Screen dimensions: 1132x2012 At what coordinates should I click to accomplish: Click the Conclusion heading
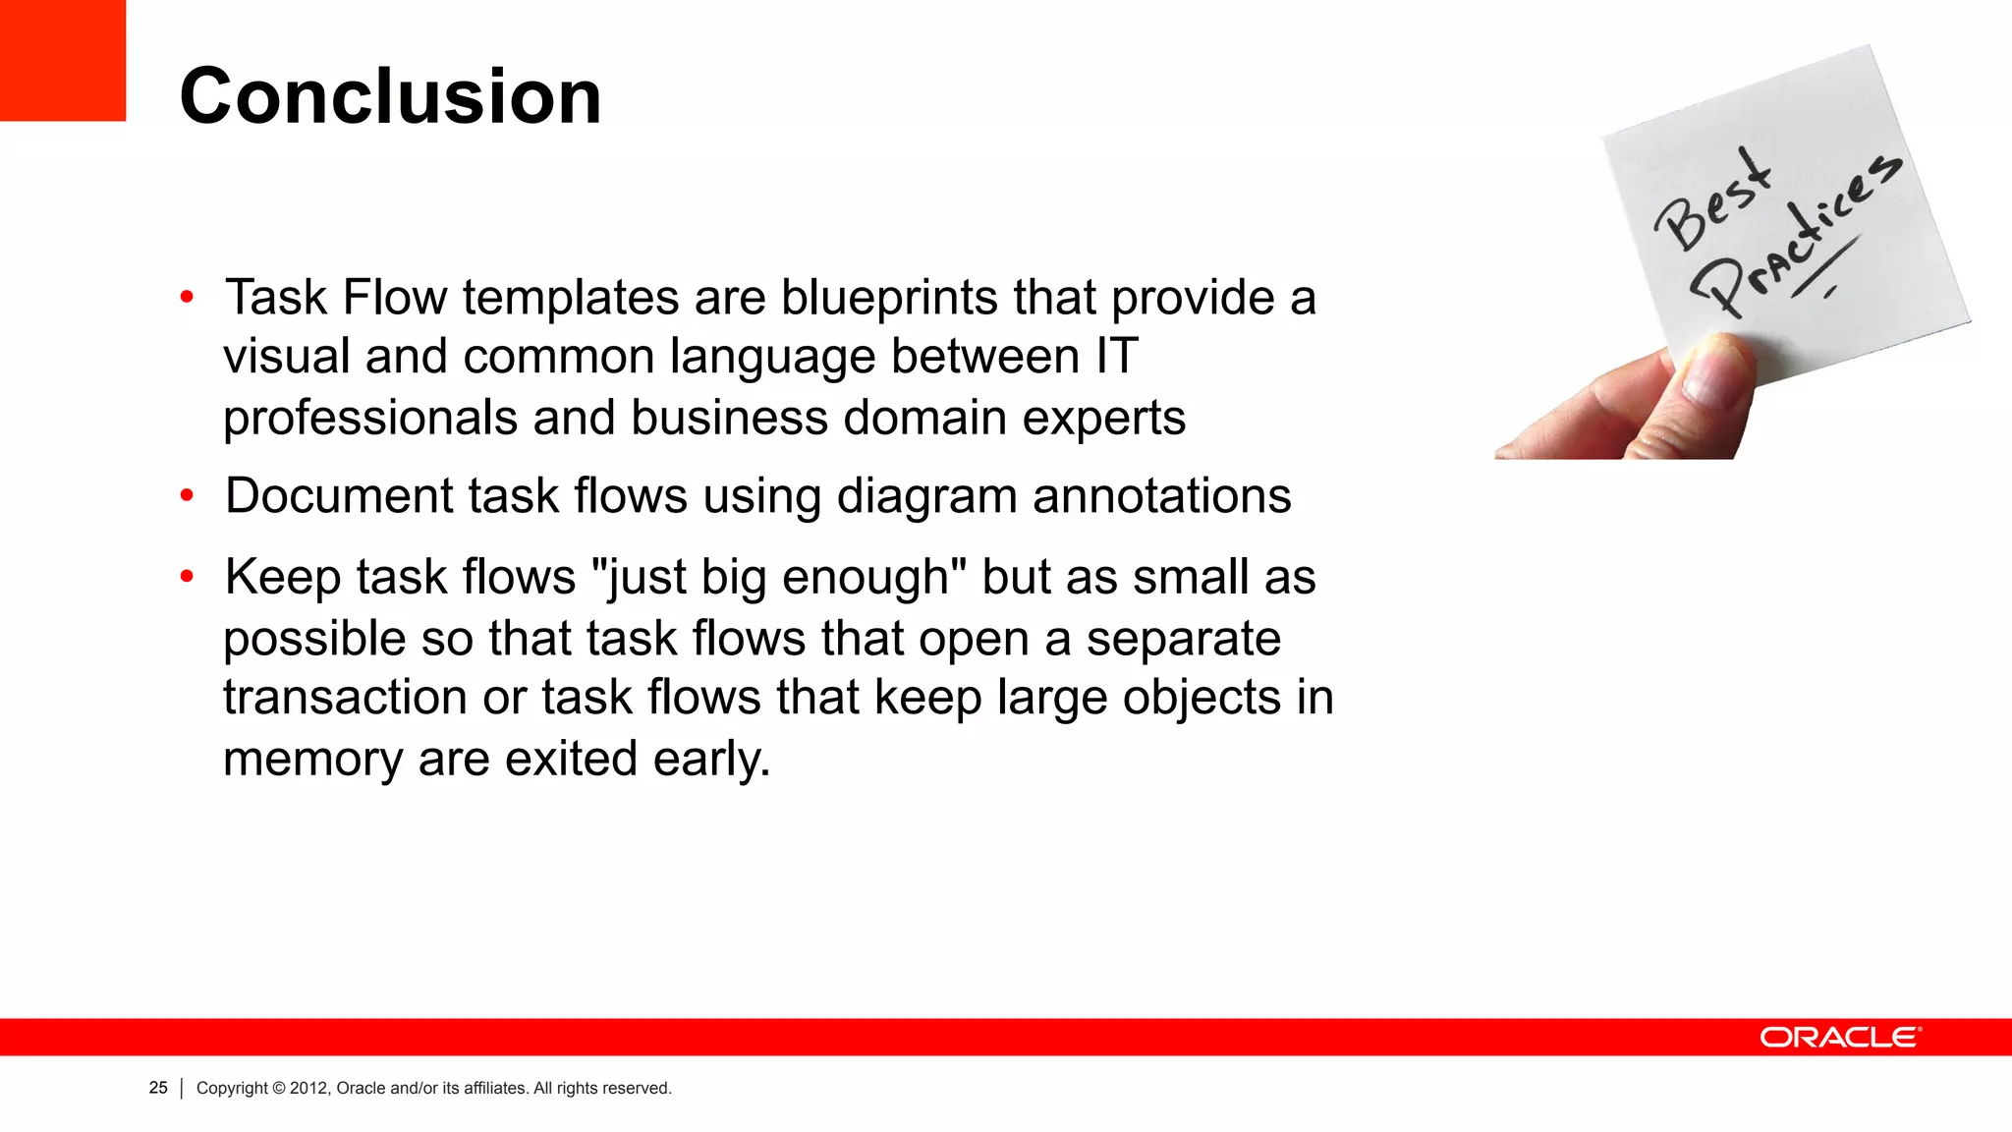390,96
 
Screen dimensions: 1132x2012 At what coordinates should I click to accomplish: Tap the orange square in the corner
62,60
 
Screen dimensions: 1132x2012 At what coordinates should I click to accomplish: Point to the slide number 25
158,1088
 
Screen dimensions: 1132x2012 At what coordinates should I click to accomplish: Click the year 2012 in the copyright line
309,1088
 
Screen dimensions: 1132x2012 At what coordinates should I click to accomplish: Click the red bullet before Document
187,496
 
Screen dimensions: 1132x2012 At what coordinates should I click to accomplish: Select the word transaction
345,698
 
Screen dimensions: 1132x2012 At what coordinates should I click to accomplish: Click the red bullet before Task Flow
187,297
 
